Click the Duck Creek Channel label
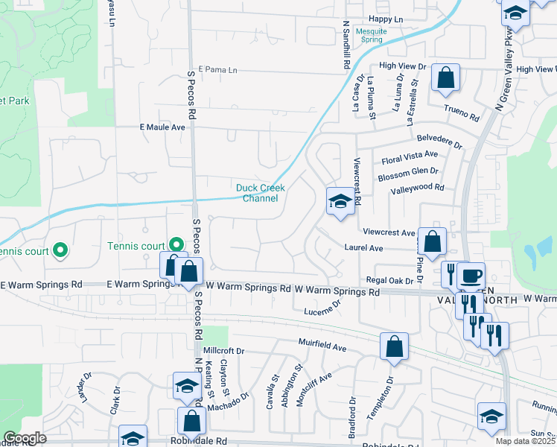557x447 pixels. [x=257, y=193]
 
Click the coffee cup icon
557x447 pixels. [x=470, y=276]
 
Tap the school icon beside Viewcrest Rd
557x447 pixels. [x=340, y=201]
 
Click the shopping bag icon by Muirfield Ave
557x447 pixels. [x=394, y=346]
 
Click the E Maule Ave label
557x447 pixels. [x=162, y=127]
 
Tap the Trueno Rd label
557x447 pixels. [x=462, y=114]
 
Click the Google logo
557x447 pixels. [x=25, y=438]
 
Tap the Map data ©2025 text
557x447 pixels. [x=526, y=441]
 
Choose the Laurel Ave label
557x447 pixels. [x=363, y=247]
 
